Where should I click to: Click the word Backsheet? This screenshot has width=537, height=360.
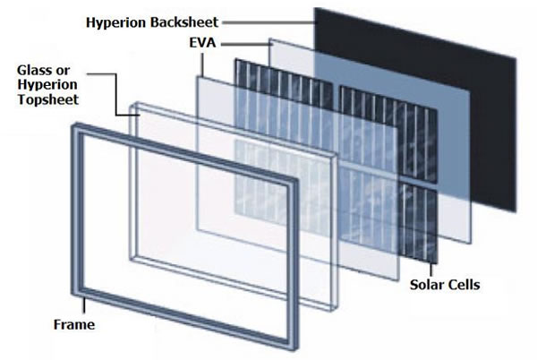tap(184, 22)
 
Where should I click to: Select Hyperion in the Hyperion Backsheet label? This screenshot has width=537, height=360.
tap(116, 23)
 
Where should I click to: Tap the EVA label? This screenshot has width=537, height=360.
tap(203, 43)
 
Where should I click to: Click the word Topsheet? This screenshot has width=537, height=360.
tap(48, 99)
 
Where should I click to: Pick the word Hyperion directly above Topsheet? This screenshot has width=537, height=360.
tap(47, 85)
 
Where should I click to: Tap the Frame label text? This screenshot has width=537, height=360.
tap(74, 325)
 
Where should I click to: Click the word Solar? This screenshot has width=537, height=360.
tap(426, 285)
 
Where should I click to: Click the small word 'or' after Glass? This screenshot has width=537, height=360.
tap(63, 71)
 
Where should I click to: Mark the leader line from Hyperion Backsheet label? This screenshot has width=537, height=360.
tap(268, 23)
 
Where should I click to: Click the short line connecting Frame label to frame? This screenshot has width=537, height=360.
tap(84, 305)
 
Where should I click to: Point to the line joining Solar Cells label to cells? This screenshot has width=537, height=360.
tap(431, 270)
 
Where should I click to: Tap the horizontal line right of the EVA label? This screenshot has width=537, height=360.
tap(247, 44)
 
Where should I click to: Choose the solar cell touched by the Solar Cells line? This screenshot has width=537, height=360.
tap(420, 223)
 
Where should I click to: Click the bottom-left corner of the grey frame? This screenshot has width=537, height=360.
tap(72, 295)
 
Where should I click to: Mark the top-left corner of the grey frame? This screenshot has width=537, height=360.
tap(72, 124)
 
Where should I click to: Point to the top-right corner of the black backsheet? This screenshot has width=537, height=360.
tap(516, 58)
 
